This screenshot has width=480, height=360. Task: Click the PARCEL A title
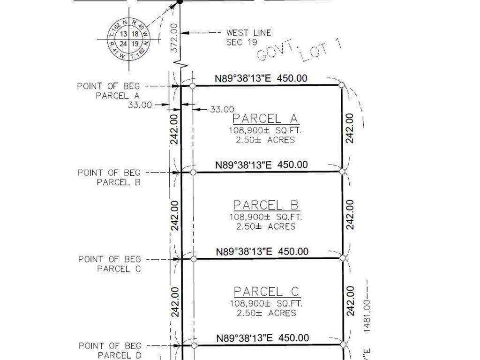(266, 118)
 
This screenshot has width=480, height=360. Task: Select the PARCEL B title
(266, 205)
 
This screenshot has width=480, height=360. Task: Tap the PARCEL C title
(266, 292)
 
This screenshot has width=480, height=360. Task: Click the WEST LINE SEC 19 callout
(248, 37)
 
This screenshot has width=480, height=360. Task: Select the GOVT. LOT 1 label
(300, 52)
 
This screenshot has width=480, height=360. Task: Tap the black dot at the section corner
(179, 2)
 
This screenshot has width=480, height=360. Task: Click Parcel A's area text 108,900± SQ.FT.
(265, 130)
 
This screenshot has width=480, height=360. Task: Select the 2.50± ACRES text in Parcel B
(266, 226)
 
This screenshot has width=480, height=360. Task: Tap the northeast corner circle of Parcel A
(342, 85)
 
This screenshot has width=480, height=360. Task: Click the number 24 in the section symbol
(123, 44)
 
